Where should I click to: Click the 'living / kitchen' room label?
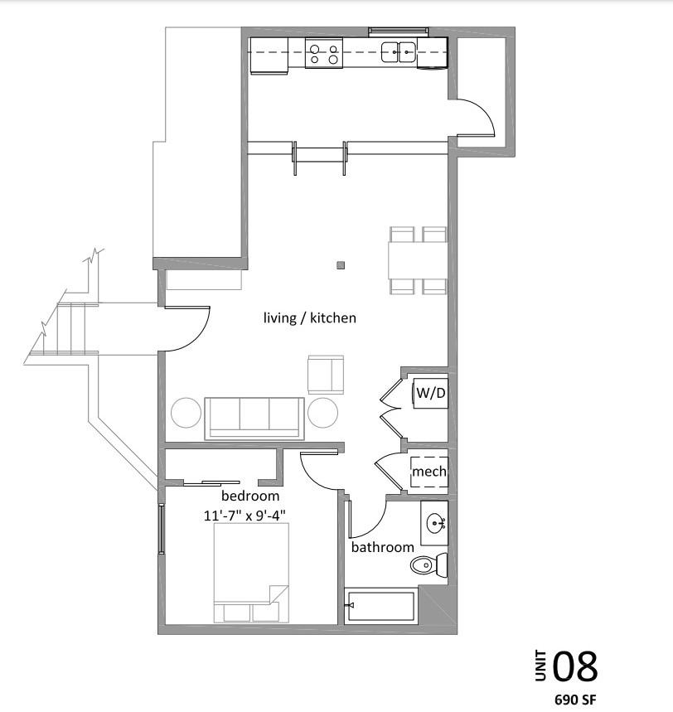309,317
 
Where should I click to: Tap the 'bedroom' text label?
249,496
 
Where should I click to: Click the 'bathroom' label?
382,547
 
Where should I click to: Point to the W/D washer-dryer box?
430,392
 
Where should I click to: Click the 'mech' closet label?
429,471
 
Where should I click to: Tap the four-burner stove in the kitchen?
323,55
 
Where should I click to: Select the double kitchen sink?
398,53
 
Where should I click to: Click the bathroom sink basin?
436,523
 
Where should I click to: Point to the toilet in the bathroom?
428,566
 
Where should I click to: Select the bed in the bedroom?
251,572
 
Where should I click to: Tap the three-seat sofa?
254,416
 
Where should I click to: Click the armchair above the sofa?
325,374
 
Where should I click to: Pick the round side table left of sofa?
186,413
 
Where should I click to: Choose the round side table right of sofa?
323,412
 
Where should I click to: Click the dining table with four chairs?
419,260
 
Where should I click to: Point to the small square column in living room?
341,266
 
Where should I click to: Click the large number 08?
574,666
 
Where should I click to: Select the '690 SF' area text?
575,699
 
